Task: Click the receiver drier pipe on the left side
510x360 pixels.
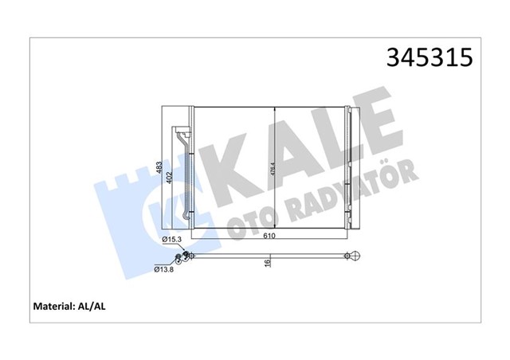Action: point(185,170)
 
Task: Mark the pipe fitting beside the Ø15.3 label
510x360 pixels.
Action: point(188,255)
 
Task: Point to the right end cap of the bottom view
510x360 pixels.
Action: point(351,256)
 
